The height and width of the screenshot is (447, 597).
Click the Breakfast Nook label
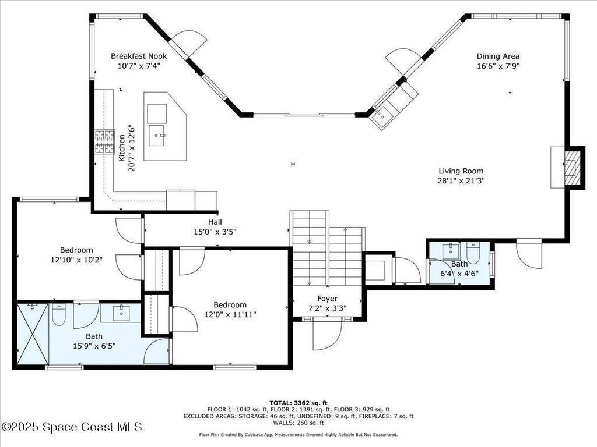139,56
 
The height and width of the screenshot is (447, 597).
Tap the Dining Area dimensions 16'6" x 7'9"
498,66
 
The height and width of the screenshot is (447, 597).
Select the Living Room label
461,171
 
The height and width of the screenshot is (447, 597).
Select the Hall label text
215,222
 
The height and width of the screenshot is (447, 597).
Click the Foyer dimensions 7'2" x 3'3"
327,308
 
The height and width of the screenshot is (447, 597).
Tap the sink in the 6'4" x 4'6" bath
450,251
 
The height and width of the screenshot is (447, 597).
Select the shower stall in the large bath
32,334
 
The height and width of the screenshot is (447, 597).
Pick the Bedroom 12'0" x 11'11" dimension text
230,314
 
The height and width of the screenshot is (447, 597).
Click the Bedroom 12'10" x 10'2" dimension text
76,260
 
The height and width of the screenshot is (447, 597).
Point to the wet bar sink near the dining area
381,115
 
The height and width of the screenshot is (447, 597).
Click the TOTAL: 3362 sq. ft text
298,403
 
